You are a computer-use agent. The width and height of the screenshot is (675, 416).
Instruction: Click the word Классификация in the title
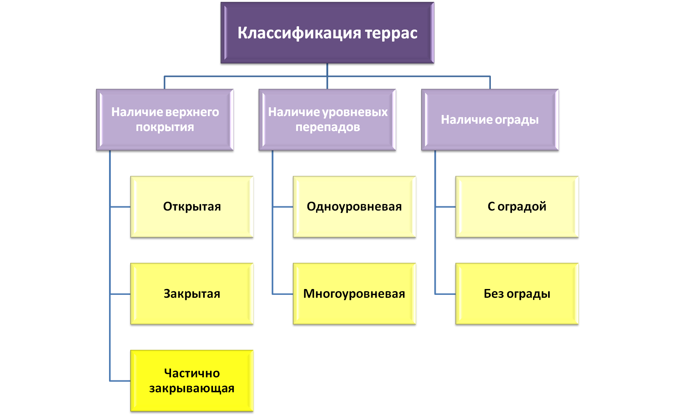pyautogui.click(x=299, y=33)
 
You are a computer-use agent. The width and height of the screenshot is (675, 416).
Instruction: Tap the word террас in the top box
pyautogui.click(x=391, y=33)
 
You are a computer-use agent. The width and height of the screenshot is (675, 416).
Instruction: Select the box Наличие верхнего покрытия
pyautogui.click(x=165, y=120)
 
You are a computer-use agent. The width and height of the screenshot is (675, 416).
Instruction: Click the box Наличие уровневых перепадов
pyautogui.click(x=327, y=120)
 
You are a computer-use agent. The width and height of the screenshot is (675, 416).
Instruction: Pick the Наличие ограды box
pyautogui.click(x=490, y=120)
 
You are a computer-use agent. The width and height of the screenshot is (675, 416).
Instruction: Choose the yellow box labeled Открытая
pyautogui.click(x=192, y=207)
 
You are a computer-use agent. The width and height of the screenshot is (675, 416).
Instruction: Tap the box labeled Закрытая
pyautogui.click(x=192, y=294)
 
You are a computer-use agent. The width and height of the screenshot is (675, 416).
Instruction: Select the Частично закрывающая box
pyautogui.click(x=192, y=381)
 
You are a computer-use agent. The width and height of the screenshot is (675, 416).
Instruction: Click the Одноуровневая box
pyautogui.click(x=354, y=207)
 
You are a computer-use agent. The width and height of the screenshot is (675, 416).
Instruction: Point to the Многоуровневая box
pyautogui.click(x=354, y=294)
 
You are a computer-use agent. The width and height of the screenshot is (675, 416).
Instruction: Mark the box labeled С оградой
pyautogui.click(x=517, y=207)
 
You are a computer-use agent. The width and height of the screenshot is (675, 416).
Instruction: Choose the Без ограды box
pyautogui.click(x=517, y=294)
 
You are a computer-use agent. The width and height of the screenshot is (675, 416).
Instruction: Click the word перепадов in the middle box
pyautogui.click(x=327, y=127)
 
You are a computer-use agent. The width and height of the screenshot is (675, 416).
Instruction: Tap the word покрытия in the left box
pyautogui.click(x=165, y=127)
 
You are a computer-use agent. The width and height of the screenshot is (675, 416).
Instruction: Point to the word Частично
pyautogui.click(x=192, y=373)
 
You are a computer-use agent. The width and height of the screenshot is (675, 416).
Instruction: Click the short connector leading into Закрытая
pyautogui.click(x=120, y=294)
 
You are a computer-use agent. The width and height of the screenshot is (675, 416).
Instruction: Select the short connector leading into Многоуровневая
pyautogui.click(x=282, y=294)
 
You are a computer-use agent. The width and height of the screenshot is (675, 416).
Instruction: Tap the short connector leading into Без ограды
pyautogui.click(x=445, y=294)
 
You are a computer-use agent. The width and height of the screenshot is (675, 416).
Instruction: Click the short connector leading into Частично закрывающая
pyautogui.click(x=120, y=381)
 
